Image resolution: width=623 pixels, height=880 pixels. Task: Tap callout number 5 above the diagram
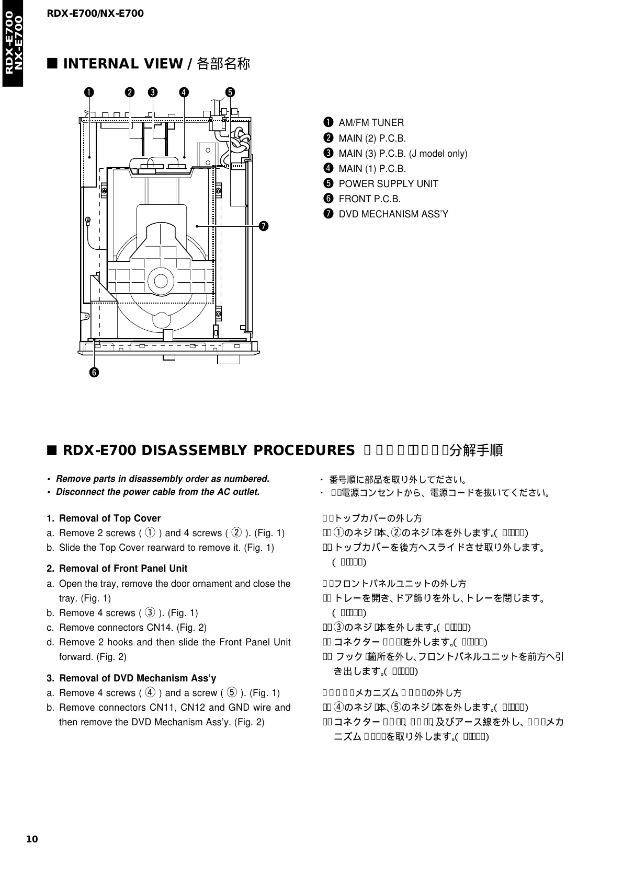tap(230, 92)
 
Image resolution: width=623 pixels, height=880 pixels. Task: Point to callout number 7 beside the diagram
tap(264, 226)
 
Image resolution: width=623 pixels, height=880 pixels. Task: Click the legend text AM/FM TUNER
tap(371, 123)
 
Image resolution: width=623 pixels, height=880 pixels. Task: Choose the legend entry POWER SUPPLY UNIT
tap(388, 183)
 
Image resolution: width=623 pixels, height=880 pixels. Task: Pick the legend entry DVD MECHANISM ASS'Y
tap(393, 214)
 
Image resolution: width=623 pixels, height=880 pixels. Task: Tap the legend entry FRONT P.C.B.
tap(370, 199)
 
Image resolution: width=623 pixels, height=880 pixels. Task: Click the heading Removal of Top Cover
tap(110, 518)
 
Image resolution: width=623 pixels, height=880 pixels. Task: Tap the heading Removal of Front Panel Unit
tap(123, 568)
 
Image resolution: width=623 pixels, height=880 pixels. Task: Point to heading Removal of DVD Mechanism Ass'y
tap(138, 678)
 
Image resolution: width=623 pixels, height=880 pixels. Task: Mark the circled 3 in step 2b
tap(149, 613)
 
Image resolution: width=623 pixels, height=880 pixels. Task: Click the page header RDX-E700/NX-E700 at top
tap(95, 13)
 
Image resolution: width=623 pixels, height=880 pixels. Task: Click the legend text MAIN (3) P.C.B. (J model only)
tap(403, 154)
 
